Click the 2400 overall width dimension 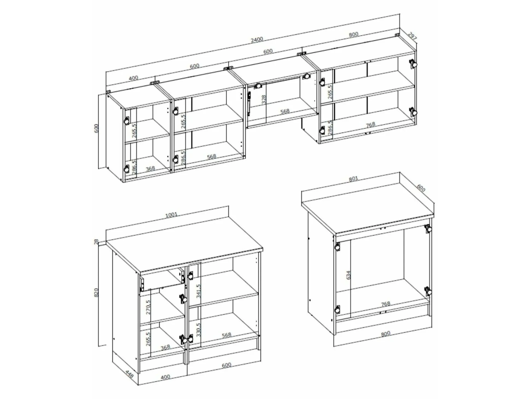(x=257, y=39)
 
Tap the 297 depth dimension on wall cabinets (x=412, y=36)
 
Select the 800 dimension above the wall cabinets (x=353, y=35)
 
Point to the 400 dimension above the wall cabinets (x=133, y=78)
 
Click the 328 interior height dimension (x=264, y=100)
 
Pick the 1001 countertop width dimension (x=171, y=215)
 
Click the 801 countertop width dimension (x=353, y=179)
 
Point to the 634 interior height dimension (x=348, y=275)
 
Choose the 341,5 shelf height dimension (x=198, y=291)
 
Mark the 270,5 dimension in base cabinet (x=148, y=307)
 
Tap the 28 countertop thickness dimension (x=96, y=242)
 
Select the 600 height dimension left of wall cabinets (x=96, y=128)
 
